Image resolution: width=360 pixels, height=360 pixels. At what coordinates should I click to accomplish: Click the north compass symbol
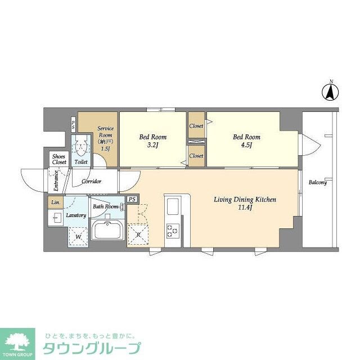[331, 92]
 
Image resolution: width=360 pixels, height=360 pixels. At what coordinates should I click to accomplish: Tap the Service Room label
[105, 138]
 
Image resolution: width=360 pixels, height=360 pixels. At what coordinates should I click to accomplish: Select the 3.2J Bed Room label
[152, 139]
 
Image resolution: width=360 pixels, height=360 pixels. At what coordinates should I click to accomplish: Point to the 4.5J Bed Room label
[246, 140]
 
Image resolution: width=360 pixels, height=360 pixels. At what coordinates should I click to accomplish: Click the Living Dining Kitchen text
[244, 203]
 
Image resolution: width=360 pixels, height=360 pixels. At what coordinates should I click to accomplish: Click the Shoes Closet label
[59, 159]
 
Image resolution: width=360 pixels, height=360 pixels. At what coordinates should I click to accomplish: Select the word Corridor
[91, 182]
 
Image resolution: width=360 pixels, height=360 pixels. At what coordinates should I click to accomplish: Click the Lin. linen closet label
[55, 202]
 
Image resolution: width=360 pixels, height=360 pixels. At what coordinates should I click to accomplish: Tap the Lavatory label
[75, 215]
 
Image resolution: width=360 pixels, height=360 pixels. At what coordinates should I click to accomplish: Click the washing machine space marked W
[79, 237]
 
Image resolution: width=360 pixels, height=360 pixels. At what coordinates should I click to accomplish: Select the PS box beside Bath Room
[132, 199]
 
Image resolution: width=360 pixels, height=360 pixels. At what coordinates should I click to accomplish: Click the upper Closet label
[196, 126]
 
